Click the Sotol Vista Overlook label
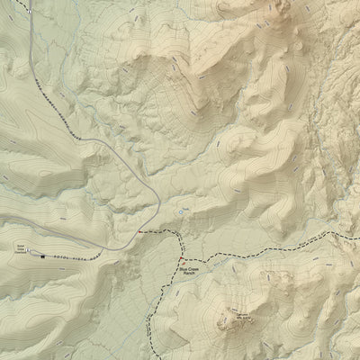click(20, 244)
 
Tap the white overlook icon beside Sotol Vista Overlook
click(29, 249)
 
